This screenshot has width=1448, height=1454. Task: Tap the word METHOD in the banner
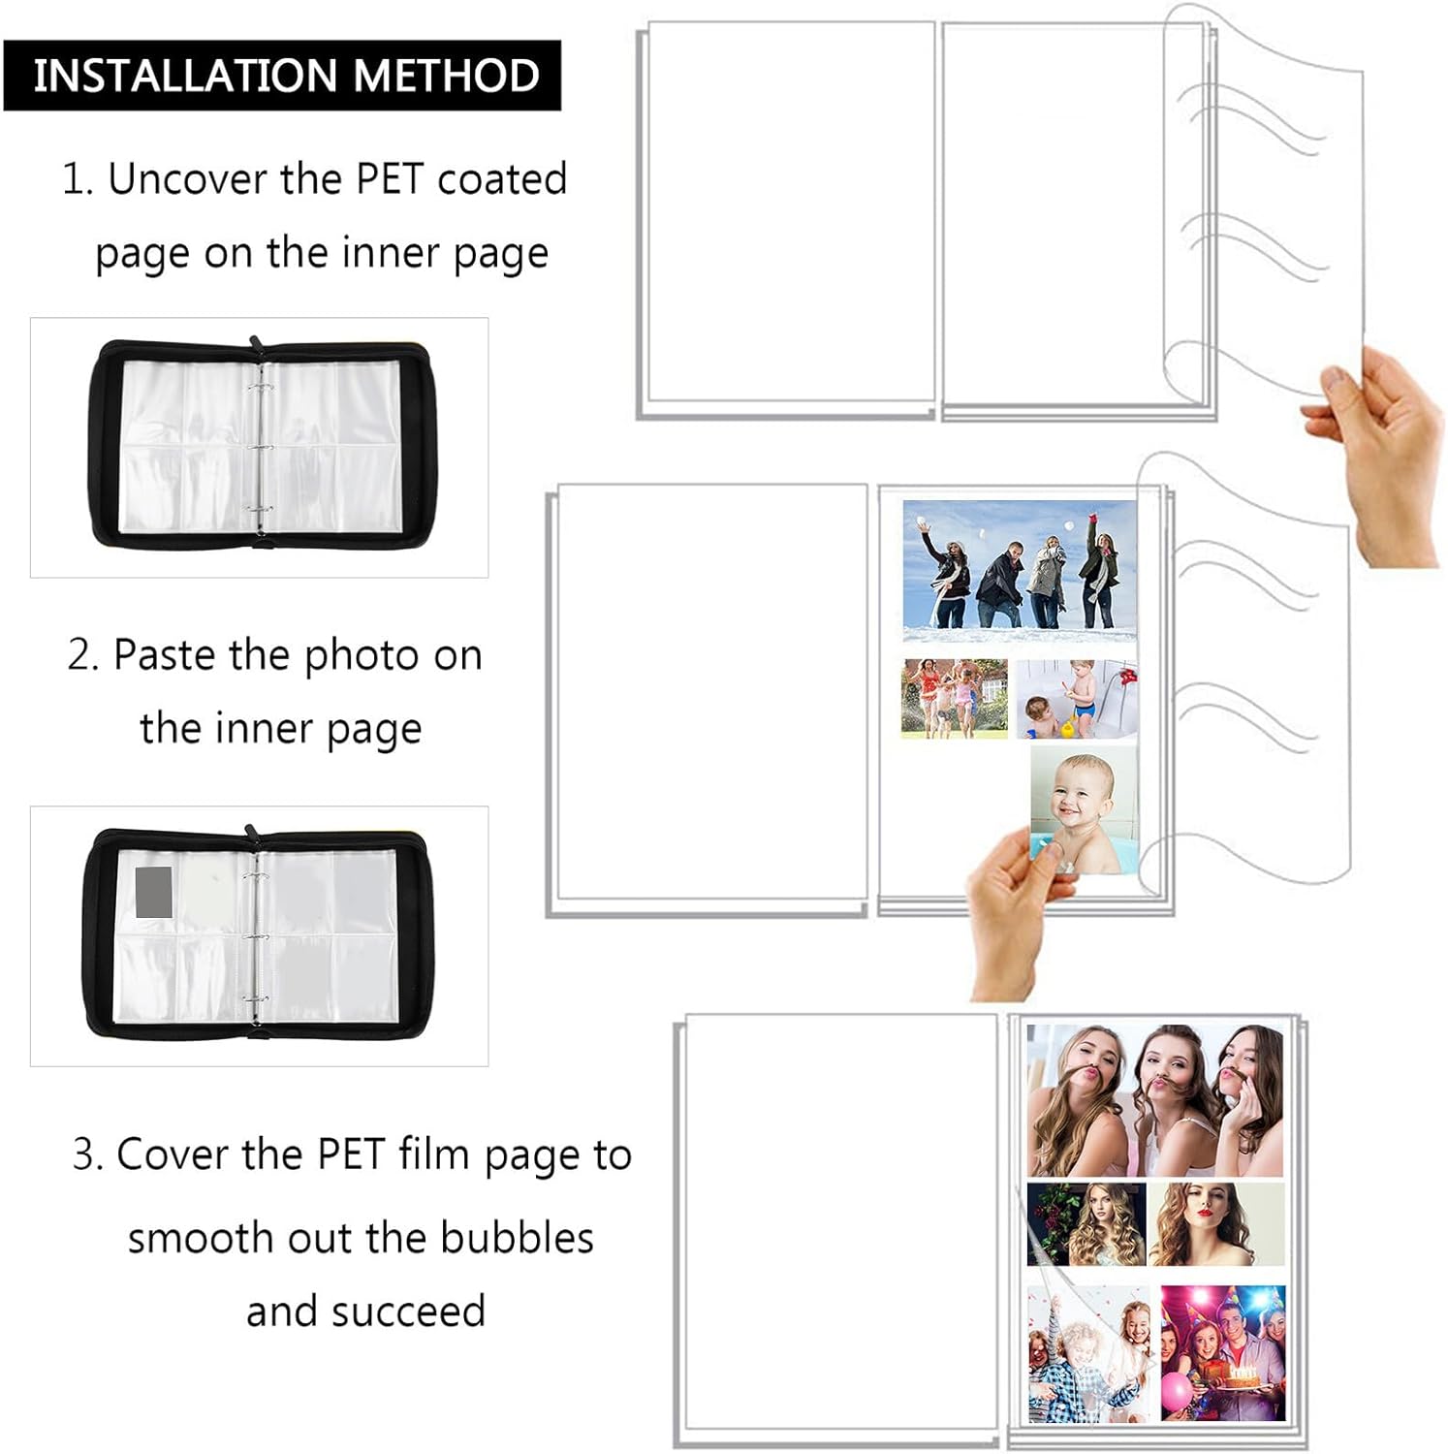432,76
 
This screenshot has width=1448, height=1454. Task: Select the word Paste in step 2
165,654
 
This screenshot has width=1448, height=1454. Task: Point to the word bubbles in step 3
517,1238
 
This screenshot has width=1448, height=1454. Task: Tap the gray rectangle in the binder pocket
154,892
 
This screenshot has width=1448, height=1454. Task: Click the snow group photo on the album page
1020,570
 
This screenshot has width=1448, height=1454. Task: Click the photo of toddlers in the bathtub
1077,700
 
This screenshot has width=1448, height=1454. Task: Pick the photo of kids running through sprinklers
955,699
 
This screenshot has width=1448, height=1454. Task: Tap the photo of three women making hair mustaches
1155,1100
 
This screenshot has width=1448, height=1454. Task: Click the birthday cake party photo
1223,1353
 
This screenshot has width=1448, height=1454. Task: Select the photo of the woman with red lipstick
1216,1223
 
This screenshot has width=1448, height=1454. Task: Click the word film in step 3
434,1154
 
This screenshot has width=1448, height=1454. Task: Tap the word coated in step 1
502,179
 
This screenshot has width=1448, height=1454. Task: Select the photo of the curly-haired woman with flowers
1086,1224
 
